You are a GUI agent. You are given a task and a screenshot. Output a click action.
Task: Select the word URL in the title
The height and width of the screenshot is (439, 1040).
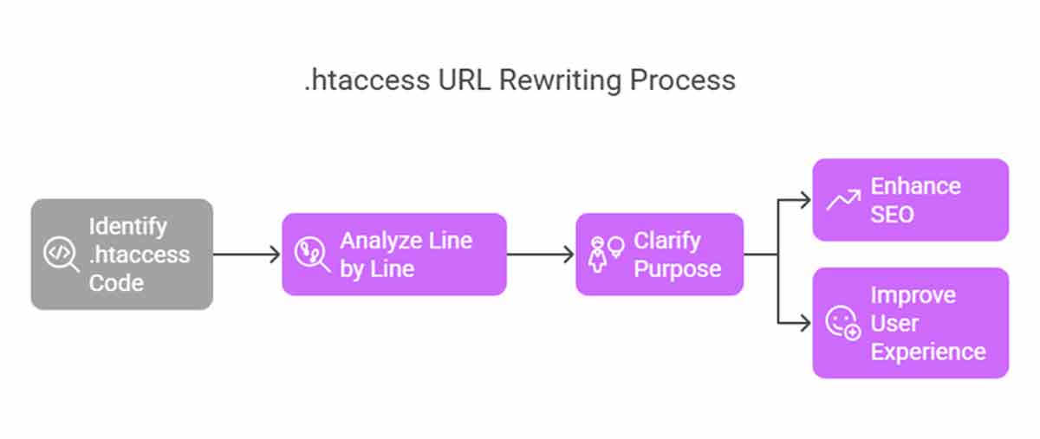point(465,81)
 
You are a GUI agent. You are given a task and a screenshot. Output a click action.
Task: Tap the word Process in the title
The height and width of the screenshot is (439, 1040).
point(683,81)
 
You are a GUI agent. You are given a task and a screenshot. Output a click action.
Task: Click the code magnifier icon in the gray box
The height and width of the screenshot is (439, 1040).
point(62,254)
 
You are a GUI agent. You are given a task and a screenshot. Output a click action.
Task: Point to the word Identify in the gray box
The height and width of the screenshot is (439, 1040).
point(127,227)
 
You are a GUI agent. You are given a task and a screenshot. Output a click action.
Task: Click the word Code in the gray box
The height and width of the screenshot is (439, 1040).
point(116,282)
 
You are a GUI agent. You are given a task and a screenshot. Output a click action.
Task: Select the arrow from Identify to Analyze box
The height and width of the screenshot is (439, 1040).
point(246,255)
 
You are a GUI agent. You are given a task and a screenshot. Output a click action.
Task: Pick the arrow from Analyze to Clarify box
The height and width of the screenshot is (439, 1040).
point(541,255)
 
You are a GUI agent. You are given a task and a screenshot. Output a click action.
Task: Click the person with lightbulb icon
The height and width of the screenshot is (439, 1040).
point(607,255)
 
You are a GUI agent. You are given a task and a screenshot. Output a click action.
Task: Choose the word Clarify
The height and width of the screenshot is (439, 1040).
point(667,242)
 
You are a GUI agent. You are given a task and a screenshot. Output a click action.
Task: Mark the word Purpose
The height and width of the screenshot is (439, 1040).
point(678,268)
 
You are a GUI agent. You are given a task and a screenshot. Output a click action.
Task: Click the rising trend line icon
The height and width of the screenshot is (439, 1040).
point(843,200)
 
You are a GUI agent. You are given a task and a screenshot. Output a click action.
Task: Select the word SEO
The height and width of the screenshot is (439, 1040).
point(892,215)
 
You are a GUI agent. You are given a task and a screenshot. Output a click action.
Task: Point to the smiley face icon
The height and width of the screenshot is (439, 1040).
point(843,322)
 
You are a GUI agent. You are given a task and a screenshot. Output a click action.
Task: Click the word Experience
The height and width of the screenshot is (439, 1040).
point(928,352)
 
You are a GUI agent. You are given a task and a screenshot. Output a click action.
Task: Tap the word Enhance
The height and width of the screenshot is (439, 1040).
point(915,186)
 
